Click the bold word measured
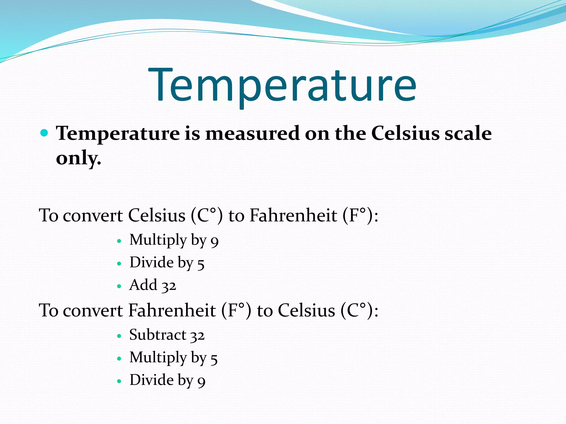pyautogui.click(x=252, y=134)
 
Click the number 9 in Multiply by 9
pyautogui.click(x=214, y=241)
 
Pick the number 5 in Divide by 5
pyautogui.click(x=201, y=264)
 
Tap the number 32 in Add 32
pyautogui.click(x=169, y=286)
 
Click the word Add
pyautogui.click(x=143, y=285)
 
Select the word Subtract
pyautogui.click(x=158, y=335)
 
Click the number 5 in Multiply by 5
pyautogui.click(x=214, y=359)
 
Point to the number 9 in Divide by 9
pyautogui.click(x=201, y=381)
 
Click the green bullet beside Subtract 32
pyautogui.click(x=119, y=336)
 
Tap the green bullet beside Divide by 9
pyautogui.click(x=119, y=381)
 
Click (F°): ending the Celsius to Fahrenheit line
pyautogui.click(x=360, y=216)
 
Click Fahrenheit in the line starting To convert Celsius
pyautogui.click(x=293, y=216)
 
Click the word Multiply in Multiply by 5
pyautogui.click(x=158, y=358)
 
